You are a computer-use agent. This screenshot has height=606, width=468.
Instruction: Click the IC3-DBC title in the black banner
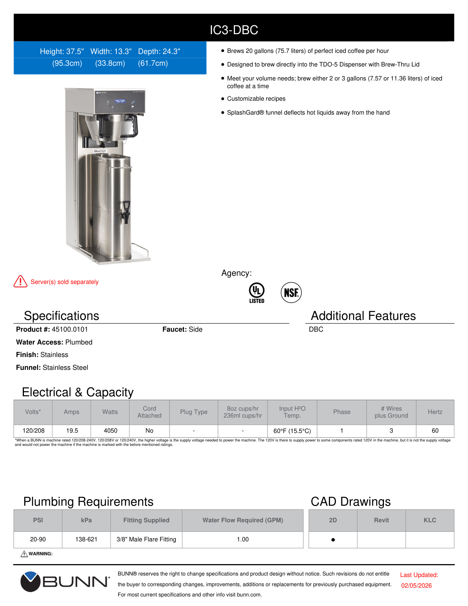pyautogui.click(x=234, y=30)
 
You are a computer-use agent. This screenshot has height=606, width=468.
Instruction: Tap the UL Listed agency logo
pyautogui.click(x=257, y=292)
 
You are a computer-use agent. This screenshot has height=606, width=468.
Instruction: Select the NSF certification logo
pyautogui.click(x=291, y=293)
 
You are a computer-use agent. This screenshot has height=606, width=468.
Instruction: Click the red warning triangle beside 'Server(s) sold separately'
pyautogui.click(x=21, y=282)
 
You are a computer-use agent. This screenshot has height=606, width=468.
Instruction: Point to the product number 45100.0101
pyautogui.click(x=70, y=329)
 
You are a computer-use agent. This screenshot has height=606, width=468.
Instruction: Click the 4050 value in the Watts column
pyautogui.click(x=110, y=430)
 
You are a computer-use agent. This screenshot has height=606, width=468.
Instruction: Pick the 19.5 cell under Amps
pyautogui.click(x=72, y=430)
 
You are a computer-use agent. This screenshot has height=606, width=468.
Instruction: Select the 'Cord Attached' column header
pyautogui.click(x=149, y=412)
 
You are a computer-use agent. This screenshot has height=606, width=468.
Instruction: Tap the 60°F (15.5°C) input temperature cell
pyautogui.click(x=292, y=431)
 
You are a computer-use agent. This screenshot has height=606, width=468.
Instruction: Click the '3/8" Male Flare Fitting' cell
pyautogui.click(x=146, y=539)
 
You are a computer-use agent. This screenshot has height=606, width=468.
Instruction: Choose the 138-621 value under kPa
pyautogui.click(x=86, y=539)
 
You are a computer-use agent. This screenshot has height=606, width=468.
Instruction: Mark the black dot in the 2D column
pyautogui.click(x=333, y=540)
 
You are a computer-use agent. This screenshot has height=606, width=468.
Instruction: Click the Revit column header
pyautogui.click(x=381, y=520)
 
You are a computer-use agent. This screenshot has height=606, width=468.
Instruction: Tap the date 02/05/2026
pyautogui.click(x=416, y=585)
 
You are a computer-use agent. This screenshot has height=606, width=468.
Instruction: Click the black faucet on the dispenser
pyautogui.click(x=126, y=211)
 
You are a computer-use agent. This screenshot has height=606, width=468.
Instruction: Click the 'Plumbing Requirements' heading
pyautogui.click(x=88, y=502)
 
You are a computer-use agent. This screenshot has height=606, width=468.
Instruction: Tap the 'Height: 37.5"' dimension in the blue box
pyautogui.click(x=62, y=51)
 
